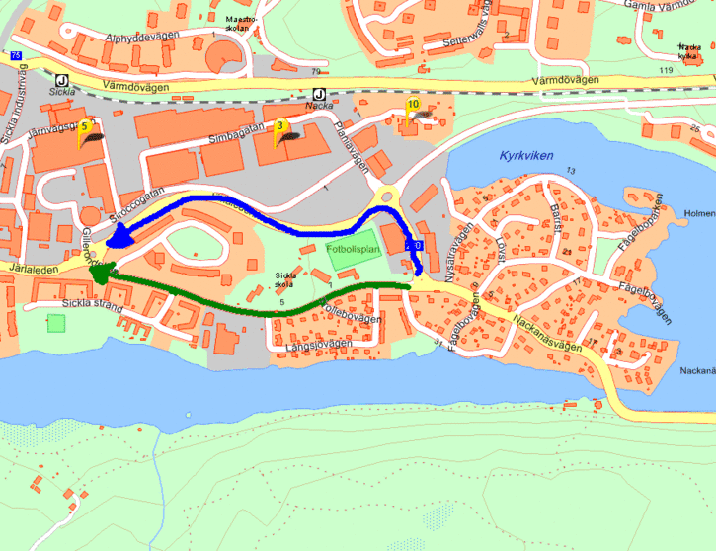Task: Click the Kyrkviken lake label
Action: (x=526, y=156)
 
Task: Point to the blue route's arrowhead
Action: (x=122, y=236)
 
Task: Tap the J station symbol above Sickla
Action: (x=61, y=81)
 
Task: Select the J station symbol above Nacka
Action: (x=318, y=96)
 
